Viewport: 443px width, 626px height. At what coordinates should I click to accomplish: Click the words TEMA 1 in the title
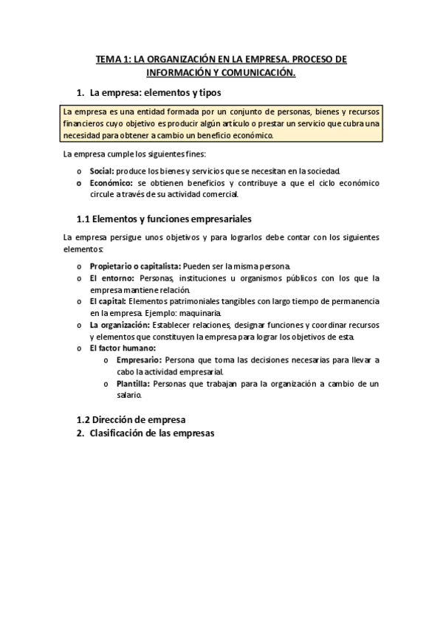click(114, 59)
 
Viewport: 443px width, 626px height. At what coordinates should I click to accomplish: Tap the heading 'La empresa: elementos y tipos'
click(155, 93)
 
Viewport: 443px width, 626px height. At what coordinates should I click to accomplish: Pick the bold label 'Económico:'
click(111, 182)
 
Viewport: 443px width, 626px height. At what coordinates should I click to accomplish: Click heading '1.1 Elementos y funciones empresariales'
click(164, 219)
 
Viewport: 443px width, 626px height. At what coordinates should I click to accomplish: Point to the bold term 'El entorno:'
click(111, 278)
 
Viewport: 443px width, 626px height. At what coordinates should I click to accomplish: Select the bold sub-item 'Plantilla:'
click(133, 384)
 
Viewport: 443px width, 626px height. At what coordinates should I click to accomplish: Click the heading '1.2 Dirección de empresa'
click(131, 419)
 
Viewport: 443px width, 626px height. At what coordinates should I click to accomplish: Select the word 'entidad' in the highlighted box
click(134, 112)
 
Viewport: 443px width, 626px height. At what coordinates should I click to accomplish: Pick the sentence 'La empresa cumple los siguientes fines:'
click(134, 154)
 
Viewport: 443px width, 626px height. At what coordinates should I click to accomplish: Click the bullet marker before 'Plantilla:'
click(108, 384)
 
